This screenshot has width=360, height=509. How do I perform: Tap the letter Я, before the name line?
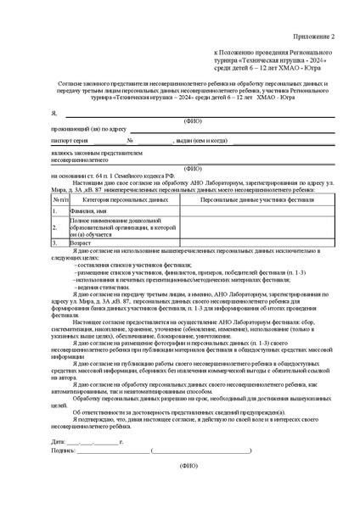click(53, 113)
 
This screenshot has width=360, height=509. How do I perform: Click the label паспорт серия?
click(70, 140)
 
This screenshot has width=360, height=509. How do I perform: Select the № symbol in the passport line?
click(129, 140)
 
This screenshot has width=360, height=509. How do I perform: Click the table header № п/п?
click(60, 199)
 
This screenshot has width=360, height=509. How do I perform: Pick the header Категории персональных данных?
click(125, 199)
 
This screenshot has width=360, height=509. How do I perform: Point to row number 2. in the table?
click(55, 227)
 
